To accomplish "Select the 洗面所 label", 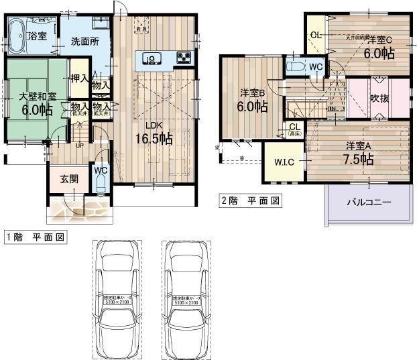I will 85,42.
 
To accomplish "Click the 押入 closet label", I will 80,78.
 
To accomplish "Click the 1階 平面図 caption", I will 35,237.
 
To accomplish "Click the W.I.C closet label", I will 284,161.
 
